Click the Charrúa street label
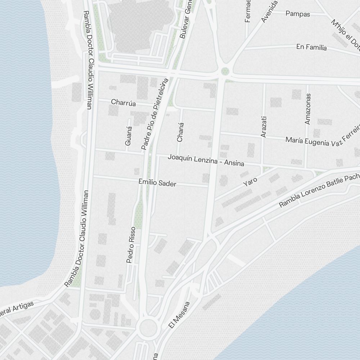click(123, 103)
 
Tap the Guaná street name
click(129, 136)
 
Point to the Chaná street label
click(180, 132)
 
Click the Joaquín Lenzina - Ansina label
click(206, 160)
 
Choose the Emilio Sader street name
click(157, 183)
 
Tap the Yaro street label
click(250, 181)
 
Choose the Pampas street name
click(298, 14)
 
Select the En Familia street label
click(311, 47)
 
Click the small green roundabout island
click(225, 71)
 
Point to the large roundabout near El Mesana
click(148, 327)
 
